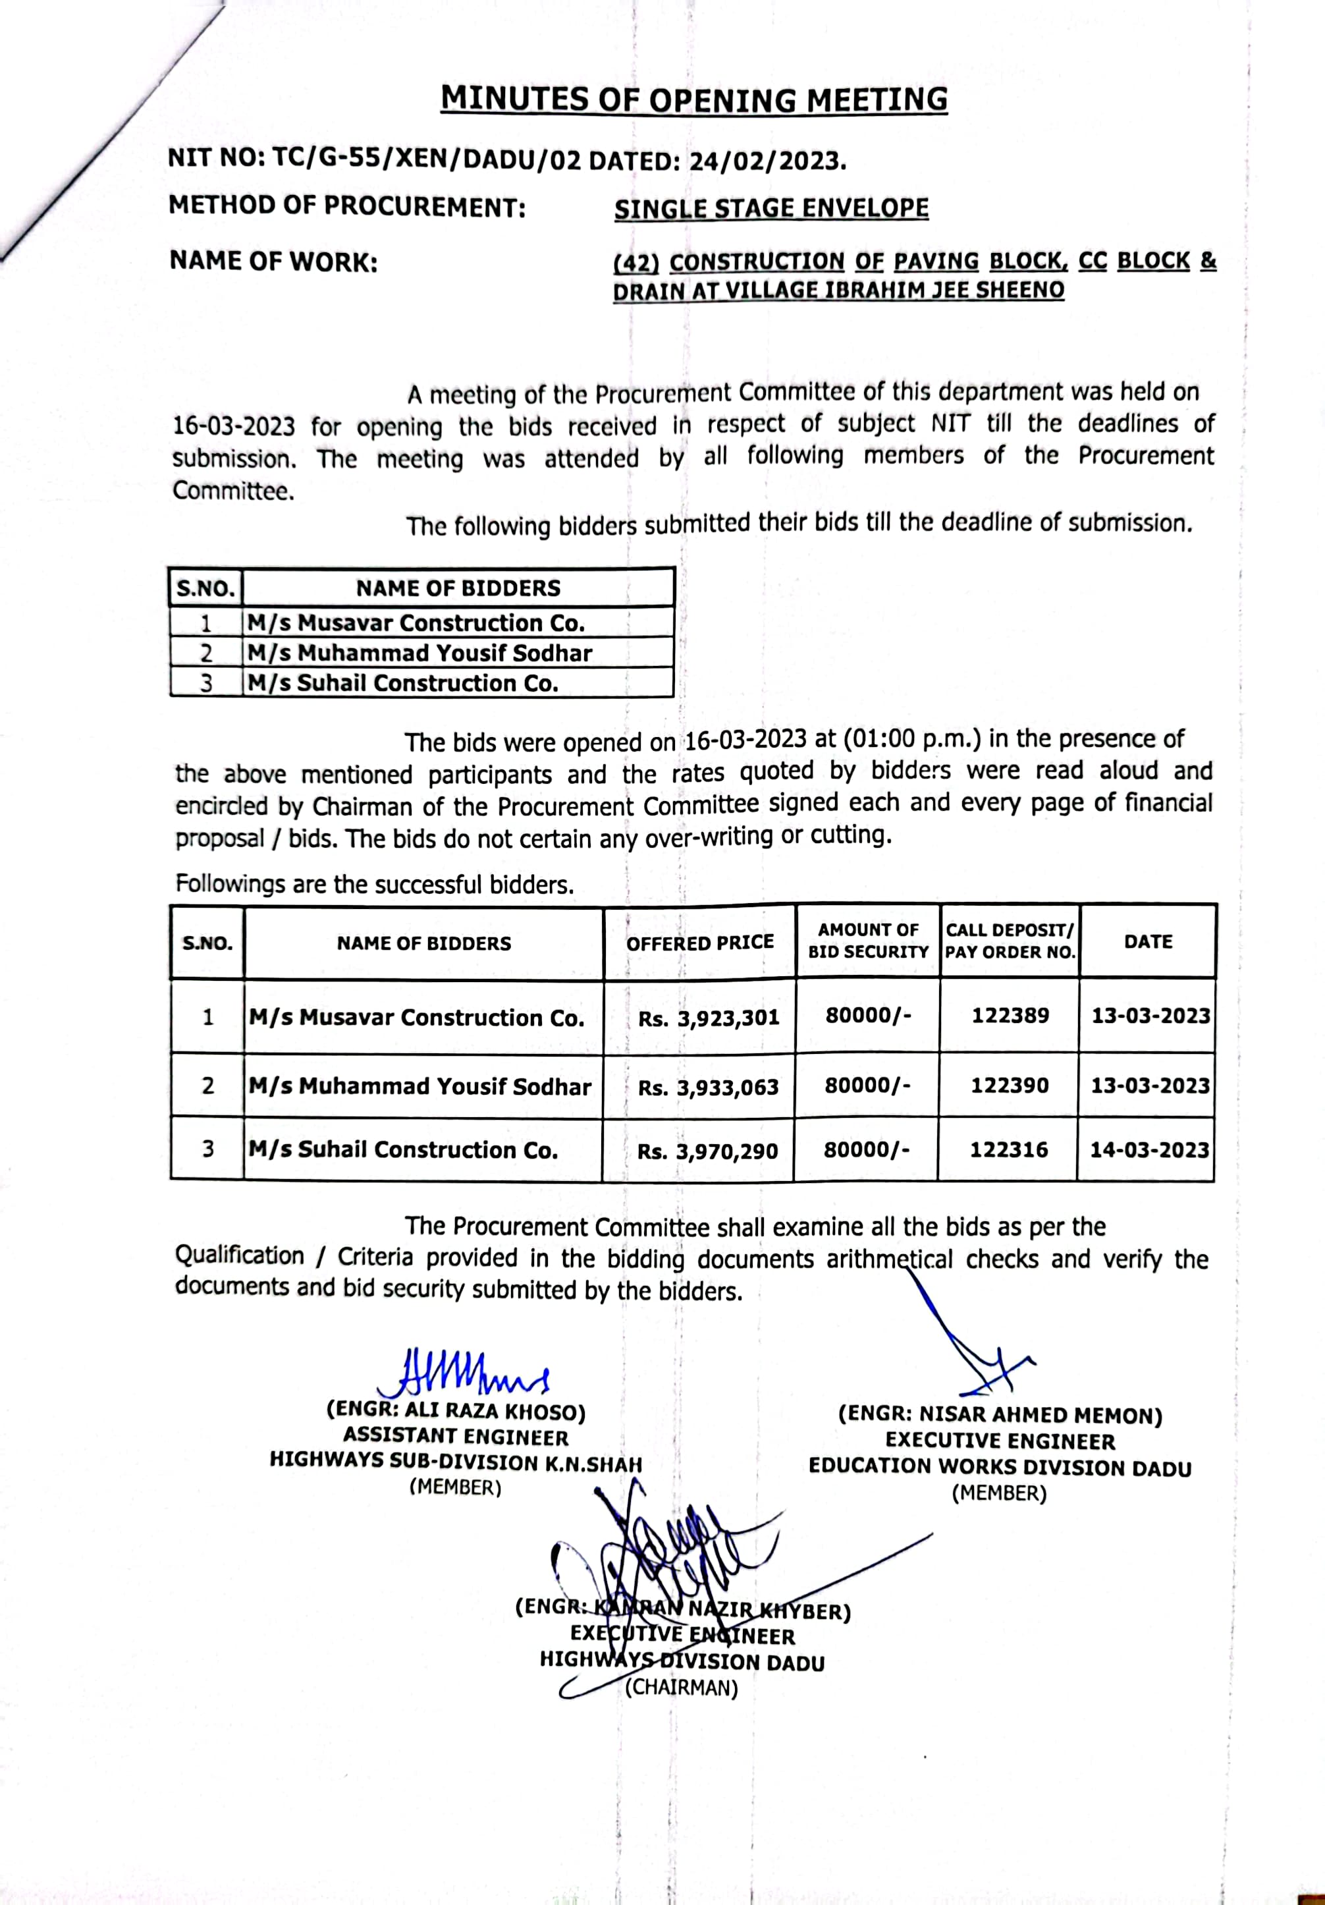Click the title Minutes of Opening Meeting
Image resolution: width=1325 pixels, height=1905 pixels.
[x=693, y=99]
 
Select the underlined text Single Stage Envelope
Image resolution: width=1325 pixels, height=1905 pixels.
[x=771, y=208]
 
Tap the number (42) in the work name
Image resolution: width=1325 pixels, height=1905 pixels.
[x=635, y=262]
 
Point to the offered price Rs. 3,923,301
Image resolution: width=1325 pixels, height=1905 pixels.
[x=708, y=1019]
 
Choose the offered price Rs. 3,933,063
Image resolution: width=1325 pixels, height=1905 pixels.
[x=708, y=1087]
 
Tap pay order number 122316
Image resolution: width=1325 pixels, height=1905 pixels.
[x=1009, y=1150]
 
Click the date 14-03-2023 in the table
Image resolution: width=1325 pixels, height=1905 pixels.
[x=1149, y=1150]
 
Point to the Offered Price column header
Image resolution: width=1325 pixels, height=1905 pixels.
[x=699, y=943]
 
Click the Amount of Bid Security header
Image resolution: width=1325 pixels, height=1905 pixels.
[x=868, y=941]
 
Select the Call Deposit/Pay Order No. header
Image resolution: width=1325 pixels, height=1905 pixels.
[x=1010, y=941]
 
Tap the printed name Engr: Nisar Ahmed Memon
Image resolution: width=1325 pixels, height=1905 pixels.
[x=1000, y=1415]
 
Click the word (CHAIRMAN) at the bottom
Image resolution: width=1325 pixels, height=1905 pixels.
[x=680, y=1688]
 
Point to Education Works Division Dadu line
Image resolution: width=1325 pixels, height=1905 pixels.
[x=1000, y=1467]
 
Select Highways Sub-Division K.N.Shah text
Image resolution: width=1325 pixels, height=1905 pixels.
[x=456, y=1462]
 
